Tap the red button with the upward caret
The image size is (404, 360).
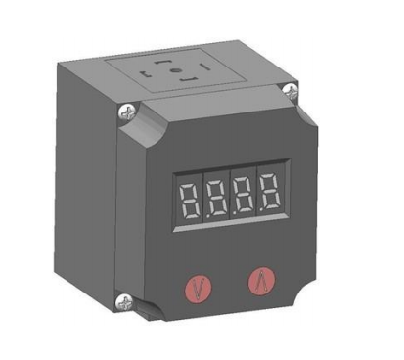262,281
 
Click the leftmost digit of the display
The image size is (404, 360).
191,201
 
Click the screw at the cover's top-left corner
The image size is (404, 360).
127,112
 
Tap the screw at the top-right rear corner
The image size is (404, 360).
291,90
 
